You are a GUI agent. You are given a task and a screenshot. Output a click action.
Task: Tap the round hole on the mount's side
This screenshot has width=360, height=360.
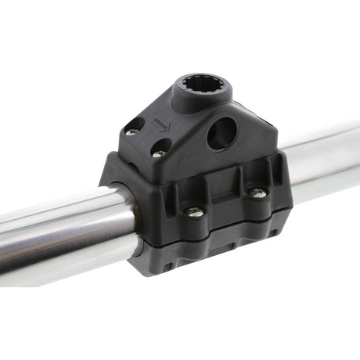click(221, 134)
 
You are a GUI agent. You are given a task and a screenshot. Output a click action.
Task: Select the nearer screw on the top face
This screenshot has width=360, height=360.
click(159, 152)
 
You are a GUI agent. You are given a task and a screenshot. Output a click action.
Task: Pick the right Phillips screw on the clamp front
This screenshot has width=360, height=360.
click(257, 192)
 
